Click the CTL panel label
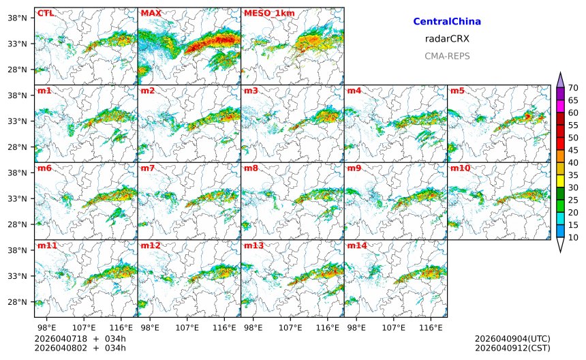45,13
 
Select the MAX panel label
151,13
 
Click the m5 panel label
457,91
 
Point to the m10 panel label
460,168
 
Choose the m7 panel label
148,168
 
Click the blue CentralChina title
447,22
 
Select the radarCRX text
447,39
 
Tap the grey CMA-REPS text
447,56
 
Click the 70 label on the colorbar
574,87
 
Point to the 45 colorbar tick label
574,150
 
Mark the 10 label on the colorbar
574,237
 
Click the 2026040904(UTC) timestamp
512,339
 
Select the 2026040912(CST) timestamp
512,348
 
